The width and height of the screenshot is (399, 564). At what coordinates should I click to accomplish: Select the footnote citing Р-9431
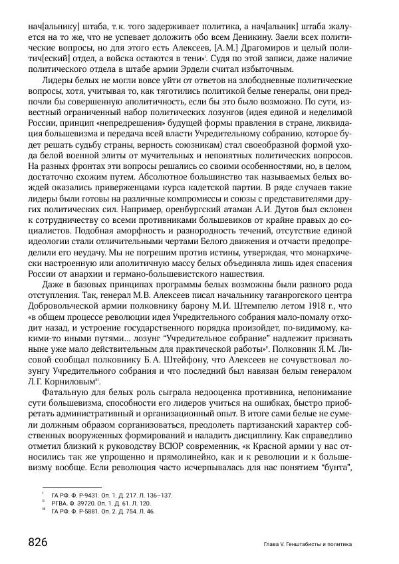pyautogui.click(x=111, y=495)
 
